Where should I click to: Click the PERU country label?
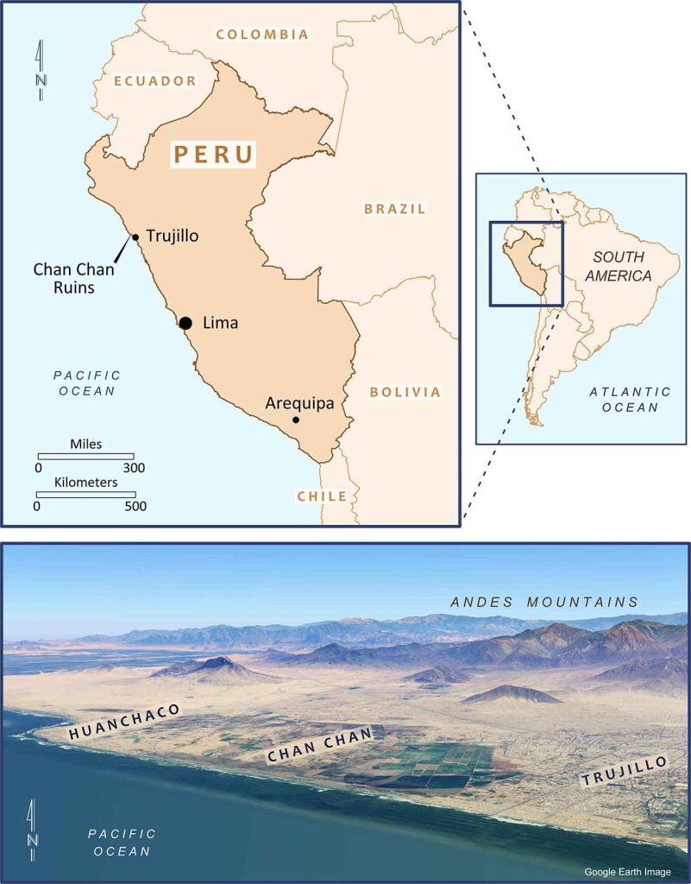(x=214, y=155)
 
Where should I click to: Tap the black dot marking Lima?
(x=185, y=323)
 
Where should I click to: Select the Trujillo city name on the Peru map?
(x=173, y=235)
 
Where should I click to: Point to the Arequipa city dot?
(x=296, y=420)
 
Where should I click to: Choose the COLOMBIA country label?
(x=262, y=35)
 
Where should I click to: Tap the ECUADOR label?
(x=156, y=80)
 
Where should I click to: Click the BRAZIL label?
(x=395, y=209)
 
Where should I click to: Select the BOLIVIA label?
(x=405, y=392)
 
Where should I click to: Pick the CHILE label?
(x=322, y=496)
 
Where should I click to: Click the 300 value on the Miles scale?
(x=134, y=468)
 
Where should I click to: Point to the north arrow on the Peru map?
(x=41, y=70)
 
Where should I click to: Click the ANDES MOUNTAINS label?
(x=544, y=602)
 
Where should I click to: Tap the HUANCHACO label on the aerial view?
(x=124, y=723)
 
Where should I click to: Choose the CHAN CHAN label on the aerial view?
(x=320, y=744)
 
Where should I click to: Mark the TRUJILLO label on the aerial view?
(x=625, y=771)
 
